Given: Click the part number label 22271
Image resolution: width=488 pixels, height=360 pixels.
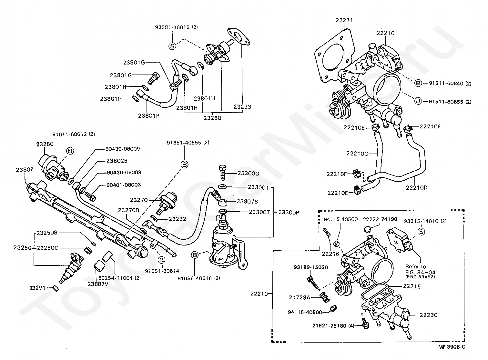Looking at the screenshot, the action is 344,20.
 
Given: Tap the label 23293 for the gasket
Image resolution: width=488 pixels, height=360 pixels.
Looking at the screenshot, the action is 242,107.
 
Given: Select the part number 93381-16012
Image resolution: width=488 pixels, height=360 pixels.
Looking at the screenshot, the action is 172,27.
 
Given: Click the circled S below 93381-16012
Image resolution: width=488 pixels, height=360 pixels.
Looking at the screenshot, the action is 172,46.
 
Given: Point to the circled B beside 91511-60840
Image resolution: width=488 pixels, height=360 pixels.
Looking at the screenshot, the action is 418,83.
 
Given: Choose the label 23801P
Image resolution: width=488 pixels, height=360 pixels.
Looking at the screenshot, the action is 149,116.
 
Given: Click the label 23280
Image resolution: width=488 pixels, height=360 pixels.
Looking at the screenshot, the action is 45,144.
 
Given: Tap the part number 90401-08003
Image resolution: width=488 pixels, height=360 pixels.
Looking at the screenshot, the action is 124,185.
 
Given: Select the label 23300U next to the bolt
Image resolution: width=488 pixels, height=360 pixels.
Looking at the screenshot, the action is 249,174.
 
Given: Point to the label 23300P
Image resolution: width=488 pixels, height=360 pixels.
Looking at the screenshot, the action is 289,213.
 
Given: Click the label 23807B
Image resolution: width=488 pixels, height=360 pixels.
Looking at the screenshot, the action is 247,201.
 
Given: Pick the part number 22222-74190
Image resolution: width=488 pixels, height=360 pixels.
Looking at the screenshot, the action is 380,219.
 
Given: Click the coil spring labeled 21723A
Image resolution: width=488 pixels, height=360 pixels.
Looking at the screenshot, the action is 325,297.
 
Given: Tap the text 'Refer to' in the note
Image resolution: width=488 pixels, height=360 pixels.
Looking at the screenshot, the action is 416,267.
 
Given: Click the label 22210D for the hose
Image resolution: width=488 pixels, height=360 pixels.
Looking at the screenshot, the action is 417,188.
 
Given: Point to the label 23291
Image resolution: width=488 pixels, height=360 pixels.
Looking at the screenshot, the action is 37,288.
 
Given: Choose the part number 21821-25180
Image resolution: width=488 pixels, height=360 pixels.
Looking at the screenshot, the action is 329,326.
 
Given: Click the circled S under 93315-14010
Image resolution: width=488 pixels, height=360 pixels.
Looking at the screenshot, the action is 421,232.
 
